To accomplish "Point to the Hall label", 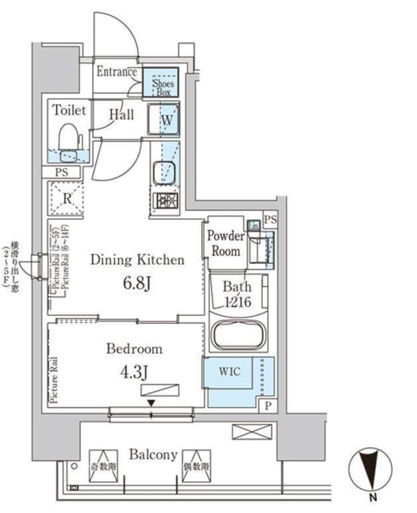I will [122, 115].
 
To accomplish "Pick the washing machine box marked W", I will [166, 120].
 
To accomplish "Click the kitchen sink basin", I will [164, 172].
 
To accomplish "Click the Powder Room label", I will [225, 243].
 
